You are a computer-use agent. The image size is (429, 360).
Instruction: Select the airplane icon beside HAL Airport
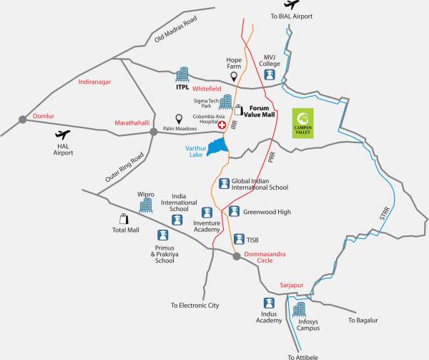pyautogui.click(x=62, y=135)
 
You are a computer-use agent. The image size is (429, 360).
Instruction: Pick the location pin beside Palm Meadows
pyautogui.click(x=179, y=119)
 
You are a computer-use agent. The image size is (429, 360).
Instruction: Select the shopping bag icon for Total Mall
pyautogui.click(x=123, y=219)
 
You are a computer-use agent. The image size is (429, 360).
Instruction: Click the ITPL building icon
pyautogui.click(x=182, y=75)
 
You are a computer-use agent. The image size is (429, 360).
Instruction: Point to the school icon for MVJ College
pyautogui.click(x=270, y=74)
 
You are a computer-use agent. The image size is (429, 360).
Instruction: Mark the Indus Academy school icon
pyautogui.click(x=269, y=303)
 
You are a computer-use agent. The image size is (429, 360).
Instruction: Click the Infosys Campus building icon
pyautogui.click(x=299, y=309)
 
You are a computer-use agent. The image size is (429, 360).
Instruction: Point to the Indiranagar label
pyautogui.click(x=95, y=82)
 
